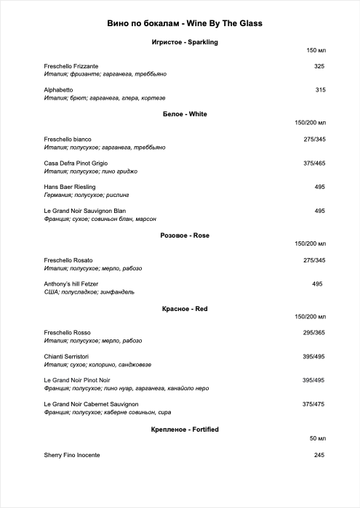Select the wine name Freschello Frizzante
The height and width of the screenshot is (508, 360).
click(x=71, y=66)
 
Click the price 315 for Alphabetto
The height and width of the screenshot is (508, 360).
click(x=320, y=89)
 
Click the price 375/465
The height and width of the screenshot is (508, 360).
click(x=314, y=164)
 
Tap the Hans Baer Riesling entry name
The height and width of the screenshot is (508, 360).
click(x=70, y=187)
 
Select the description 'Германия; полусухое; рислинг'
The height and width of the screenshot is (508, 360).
click(x=90, y=195)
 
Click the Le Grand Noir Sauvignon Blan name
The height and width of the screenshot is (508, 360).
click(x=85, y=211)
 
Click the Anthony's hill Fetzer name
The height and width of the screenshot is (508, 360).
click(x=71, y=283)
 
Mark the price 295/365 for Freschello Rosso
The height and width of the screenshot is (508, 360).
click(x=314, y=333)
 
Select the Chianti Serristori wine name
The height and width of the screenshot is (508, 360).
click(x=66, y=356)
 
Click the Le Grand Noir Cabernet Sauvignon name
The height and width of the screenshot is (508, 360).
click(x=91, y=404)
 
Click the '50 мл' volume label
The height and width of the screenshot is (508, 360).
click(x=318, y=439)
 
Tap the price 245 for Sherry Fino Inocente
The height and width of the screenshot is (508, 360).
click(x=319, y=455)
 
